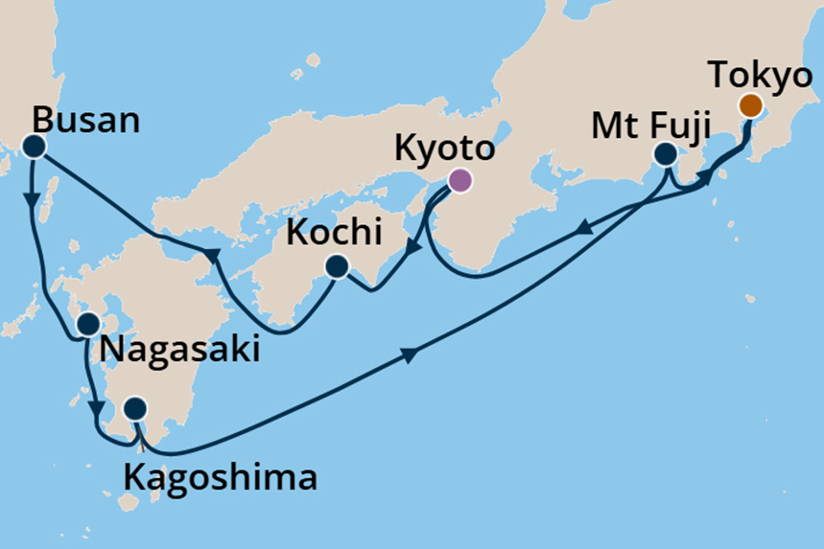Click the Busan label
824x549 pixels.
pos(85,121)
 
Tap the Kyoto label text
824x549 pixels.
pos(444,149)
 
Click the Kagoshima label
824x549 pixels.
pos(220,476)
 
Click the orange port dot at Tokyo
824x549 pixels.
pos(750,105)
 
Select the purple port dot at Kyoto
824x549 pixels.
pos(460,179)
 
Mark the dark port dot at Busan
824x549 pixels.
pos(35,147)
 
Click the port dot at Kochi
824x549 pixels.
pos(337,266)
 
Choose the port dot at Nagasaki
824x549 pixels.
pos(88,324)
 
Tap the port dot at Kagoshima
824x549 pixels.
pos(136,409)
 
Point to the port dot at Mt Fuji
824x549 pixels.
pos(665,153)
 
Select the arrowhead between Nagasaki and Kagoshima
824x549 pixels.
pos(97,411)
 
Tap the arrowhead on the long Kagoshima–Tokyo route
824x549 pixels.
pos(409,355)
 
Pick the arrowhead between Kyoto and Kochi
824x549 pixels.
pos(413,248)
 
